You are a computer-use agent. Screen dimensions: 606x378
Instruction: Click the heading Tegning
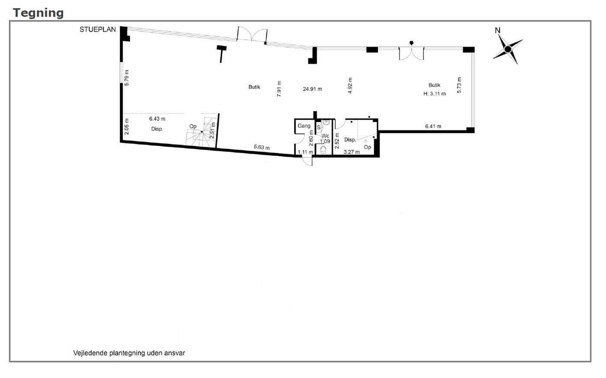coord(38,13)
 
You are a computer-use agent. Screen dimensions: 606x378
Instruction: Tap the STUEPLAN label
coord(98,29)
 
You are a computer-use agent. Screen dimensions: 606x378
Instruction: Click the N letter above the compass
coord(497,31)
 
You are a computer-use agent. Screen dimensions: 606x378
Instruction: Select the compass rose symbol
coord(508,49)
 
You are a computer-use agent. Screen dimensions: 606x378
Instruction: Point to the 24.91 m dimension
coord(313,89)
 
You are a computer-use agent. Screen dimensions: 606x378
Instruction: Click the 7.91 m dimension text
coord(279,89)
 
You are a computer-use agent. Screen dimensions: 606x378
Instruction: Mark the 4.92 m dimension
coord(350,85)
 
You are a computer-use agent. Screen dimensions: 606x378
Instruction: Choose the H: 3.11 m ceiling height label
coord(435,94)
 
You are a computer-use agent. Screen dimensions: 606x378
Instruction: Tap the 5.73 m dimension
coord(459,85)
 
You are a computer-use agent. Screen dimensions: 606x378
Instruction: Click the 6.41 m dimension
coord(433,126)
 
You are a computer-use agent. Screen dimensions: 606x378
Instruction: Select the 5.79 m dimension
coord(126,78)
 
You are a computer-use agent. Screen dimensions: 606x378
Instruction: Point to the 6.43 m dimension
coord(157,119)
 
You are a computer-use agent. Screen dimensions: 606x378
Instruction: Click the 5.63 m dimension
coord(261,147)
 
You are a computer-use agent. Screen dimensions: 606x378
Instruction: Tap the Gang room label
coord(304,126)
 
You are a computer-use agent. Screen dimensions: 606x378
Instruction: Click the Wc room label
coord(325,136)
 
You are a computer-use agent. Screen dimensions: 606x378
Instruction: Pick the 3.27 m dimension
coord(351,152)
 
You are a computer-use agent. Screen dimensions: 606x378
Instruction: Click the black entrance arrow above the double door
coord(412,43)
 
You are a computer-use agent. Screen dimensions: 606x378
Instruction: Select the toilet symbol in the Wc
coord(323,150)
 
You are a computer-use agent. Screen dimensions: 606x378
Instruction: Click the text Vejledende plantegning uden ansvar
coord(129,353)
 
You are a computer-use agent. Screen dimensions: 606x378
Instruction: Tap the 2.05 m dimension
coord(126,126)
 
